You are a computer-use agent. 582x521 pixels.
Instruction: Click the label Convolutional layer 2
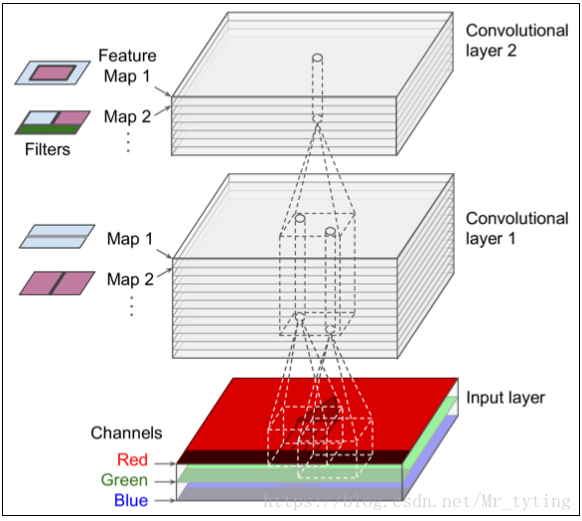(516, 40)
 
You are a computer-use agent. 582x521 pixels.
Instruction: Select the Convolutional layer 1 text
(516, 228)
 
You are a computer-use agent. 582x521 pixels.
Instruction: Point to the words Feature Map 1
(127, 66)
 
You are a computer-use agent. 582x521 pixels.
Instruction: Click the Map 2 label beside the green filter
(127, 117)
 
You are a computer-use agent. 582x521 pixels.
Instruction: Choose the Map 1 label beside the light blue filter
(130, 239)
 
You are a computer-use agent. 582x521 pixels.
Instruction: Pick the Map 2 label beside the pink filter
(130, 279)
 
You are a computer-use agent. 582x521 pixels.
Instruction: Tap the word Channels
(126, 434)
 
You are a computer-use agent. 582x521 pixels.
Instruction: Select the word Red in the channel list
(132, 459)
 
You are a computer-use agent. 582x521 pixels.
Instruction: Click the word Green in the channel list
(124, 480)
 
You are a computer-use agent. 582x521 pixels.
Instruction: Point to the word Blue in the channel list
(130, 501)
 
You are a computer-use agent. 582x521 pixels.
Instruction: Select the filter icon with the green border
(53, 121)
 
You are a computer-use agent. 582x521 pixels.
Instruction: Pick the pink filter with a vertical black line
(57, 283)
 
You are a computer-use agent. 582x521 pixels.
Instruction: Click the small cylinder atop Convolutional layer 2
(318, 60)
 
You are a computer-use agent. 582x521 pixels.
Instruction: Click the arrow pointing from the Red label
(165, 462)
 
